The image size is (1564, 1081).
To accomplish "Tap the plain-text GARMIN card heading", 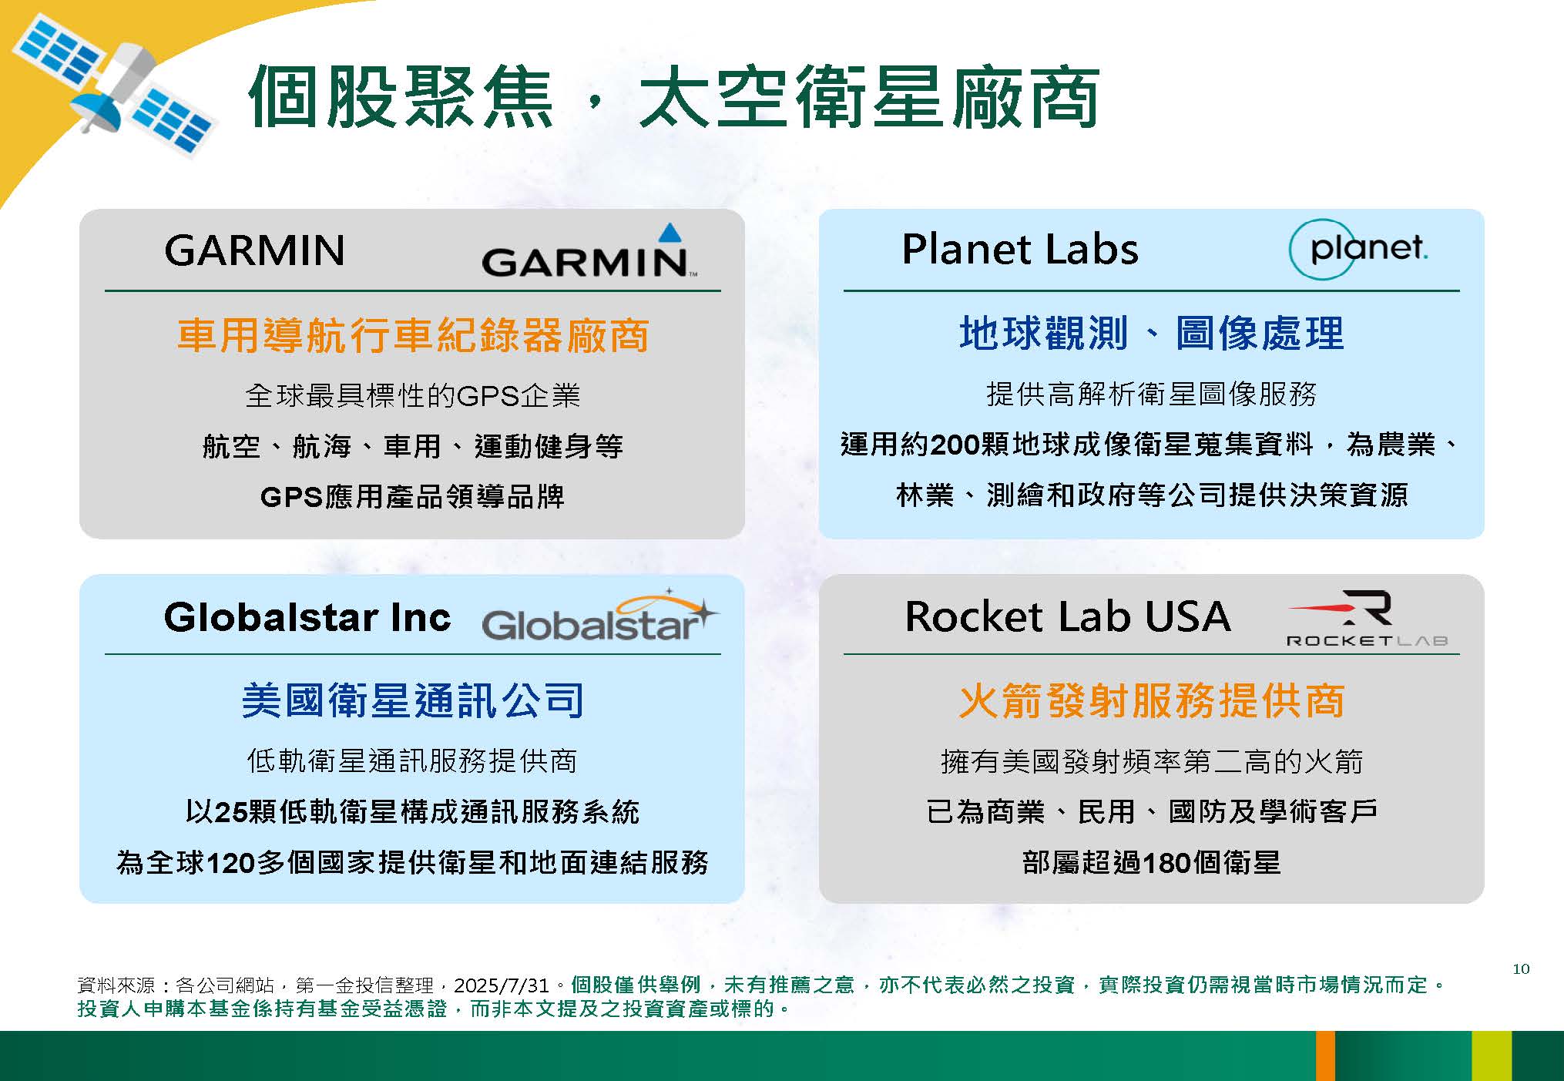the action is coord(254,250).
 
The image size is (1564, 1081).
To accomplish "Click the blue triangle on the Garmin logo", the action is coord(670,233).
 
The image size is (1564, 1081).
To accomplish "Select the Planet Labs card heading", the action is coord(1020,249).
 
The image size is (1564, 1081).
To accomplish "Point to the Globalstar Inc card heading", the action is coord(307,617).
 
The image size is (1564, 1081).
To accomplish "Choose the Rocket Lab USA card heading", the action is coord(1068,616).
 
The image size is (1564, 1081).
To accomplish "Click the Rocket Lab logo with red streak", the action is coord(1368,618).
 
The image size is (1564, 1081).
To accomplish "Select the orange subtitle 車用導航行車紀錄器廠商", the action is coord(413,336).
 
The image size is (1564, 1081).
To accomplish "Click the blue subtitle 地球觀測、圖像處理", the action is coord(1152,334).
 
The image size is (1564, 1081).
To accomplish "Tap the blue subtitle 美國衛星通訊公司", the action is coord(413,700).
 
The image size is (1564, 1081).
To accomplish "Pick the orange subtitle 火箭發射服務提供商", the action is coord(1152,701).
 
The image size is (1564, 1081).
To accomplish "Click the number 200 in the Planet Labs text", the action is coord(955,445).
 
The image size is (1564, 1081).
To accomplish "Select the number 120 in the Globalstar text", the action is coord(231,863).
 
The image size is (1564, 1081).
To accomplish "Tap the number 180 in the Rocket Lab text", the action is coord(1166,863).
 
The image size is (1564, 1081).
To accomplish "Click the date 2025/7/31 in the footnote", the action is coord(501,985).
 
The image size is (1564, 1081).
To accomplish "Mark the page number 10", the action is coord(1521,969).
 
